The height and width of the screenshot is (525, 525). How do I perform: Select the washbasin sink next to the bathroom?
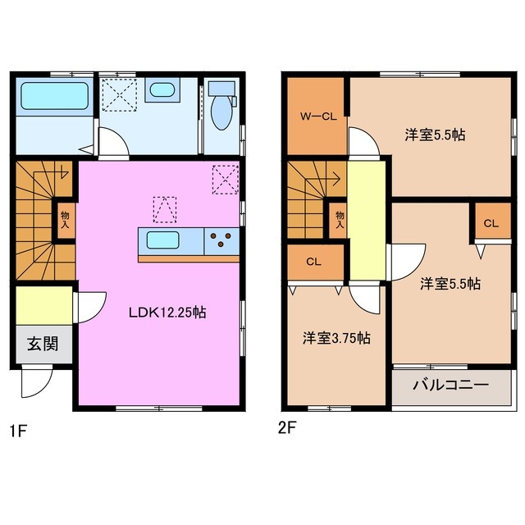(x=161, y=90)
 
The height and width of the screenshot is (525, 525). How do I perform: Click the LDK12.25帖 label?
(x=166, y=313)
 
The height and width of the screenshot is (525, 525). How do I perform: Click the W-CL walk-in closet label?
(x=317, y=116)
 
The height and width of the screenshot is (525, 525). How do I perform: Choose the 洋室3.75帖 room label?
(x=336, y=337)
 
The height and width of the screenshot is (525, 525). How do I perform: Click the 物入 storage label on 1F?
(x=64, y=219)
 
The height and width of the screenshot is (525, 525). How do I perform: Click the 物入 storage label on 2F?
(x=338, y=219)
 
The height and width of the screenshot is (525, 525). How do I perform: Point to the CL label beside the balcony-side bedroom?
(x=491, y=223)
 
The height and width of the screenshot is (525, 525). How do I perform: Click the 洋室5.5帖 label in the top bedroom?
(x=434, y=134)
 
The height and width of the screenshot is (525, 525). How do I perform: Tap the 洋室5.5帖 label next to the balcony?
(x=450, y=284)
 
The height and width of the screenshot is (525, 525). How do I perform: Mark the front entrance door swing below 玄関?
(x=37, y=381)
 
